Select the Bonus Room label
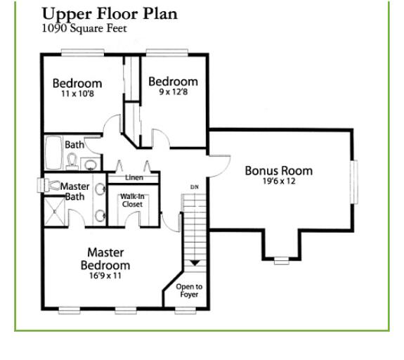[x=278, y=171]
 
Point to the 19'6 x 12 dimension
[x=278, y=181]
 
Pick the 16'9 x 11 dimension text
[x=105, y=276]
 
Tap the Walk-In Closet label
[x=132, y=200]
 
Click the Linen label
[x=134, y=178]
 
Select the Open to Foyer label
[x=189, y=290]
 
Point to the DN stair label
[x=195, y=187]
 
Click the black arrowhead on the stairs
[x=195, y=263]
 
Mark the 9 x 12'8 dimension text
[x=173, y=92]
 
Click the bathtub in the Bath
[x=54, y=150]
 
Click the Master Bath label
[x=74, y=191]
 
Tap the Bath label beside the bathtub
[x=74, y=145]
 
